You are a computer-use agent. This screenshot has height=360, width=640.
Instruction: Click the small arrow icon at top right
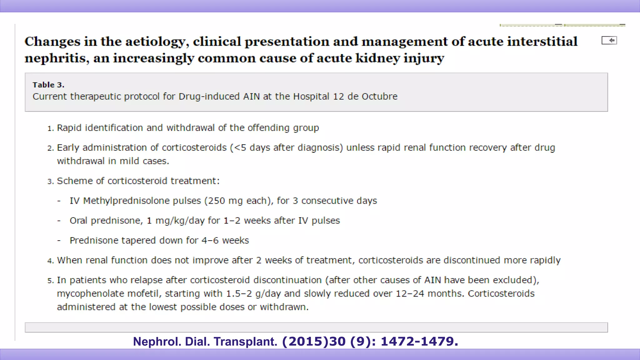click(x=609, y=40)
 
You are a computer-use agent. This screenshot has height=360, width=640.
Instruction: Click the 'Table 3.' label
click(x=48, y=85)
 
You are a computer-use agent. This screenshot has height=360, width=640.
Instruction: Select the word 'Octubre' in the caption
click(x=379, y=96)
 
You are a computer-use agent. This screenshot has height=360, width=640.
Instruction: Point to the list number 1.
click(x=50, y=128)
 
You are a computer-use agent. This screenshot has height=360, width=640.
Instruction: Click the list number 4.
click(x=50, y=261)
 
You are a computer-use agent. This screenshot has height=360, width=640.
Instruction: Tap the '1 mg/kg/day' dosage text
click(x=175, y=221)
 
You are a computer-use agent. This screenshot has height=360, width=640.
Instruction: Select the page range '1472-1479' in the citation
click(x=419, y=341)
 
